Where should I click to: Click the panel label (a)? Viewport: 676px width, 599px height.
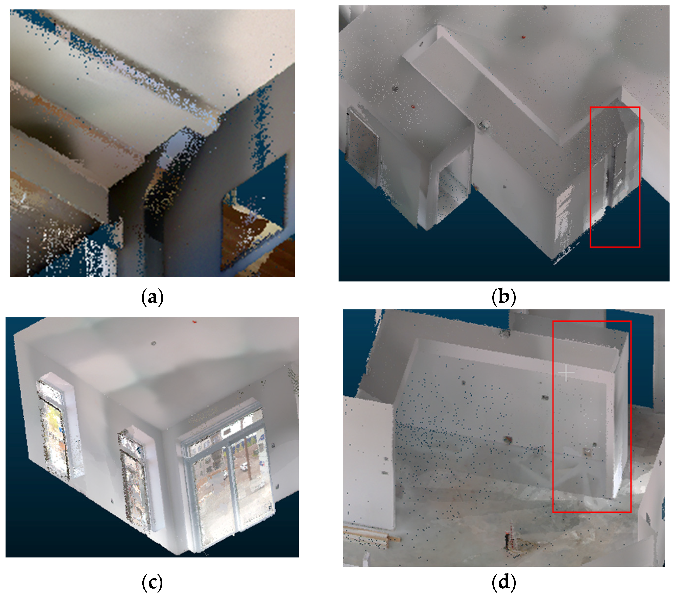[x=152, y=297]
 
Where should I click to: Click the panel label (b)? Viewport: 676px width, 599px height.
[x=504, y=297]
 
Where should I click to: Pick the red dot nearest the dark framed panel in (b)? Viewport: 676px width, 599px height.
[x=413, y=107]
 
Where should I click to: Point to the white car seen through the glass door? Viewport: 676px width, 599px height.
[x=244, y=467]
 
